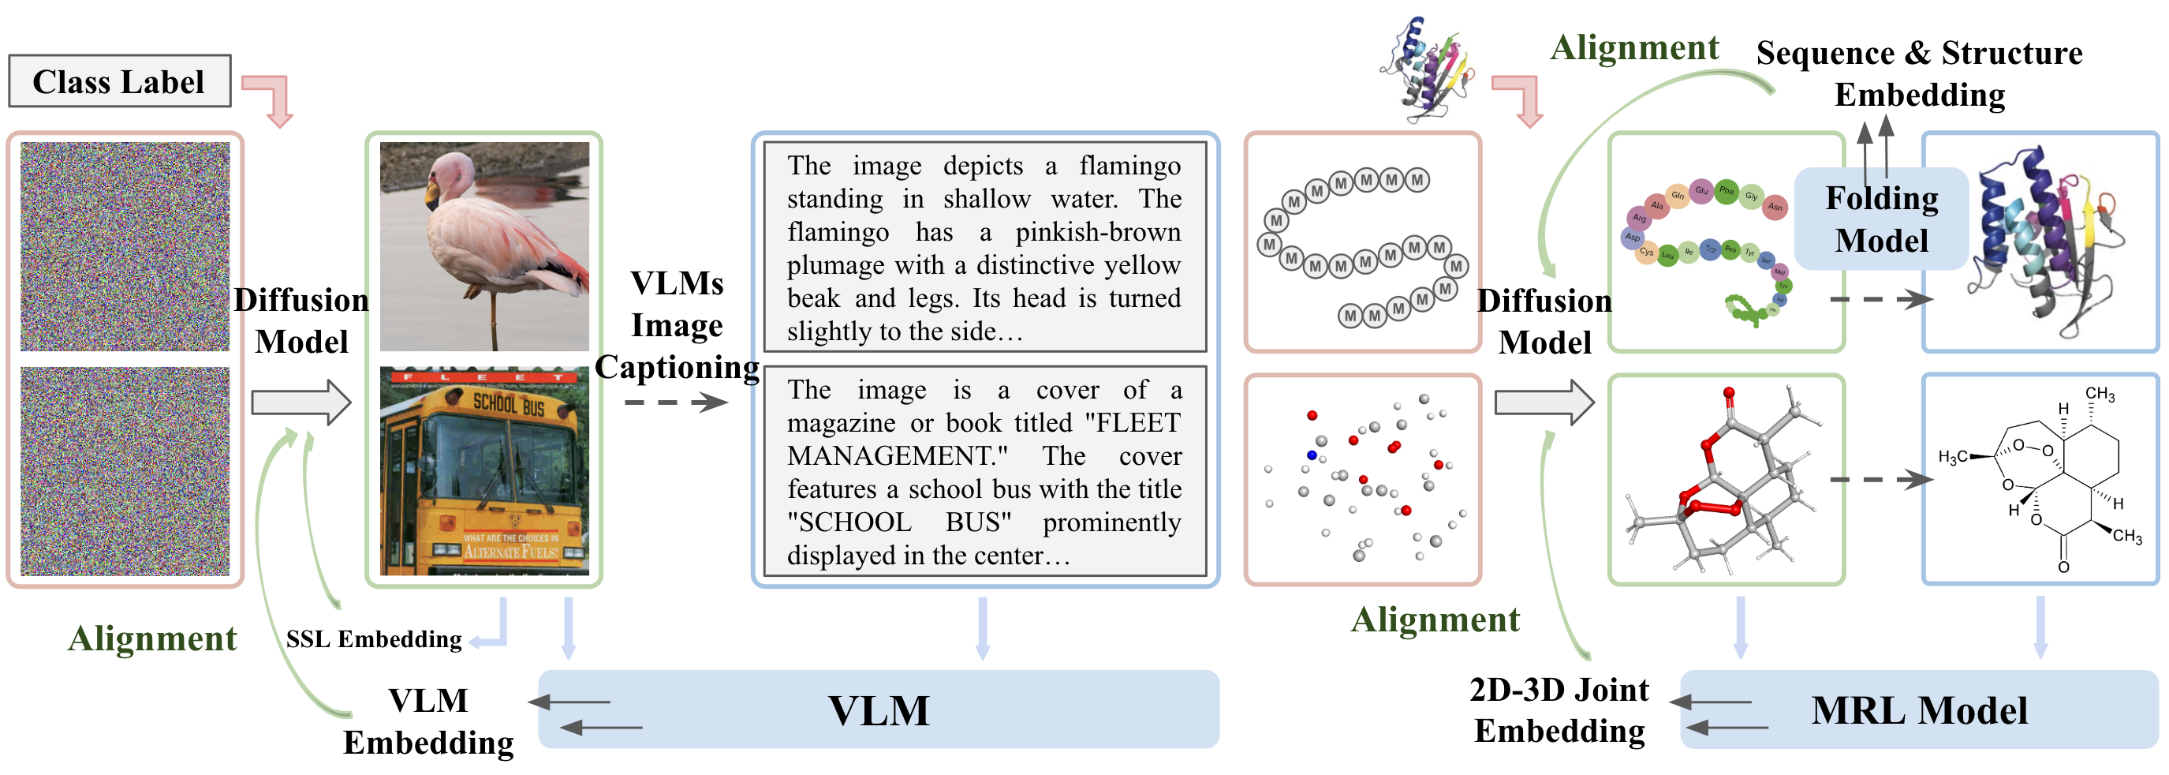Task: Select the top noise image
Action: pos(125,246)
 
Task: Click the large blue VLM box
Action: pos(878,709)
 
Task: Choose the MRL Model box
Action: pos(1919,709)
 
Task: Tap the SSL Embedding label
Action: pos(374,639)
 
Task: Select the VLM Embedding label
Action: pos(427,721)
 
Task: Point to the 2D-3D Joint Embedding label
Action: pos(1559,709)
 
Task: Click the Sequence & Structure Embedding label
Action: pos(1919,74)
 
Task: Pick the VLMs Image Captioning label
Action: pos(677,325)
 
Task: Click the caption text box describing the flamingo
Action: pos(984,247)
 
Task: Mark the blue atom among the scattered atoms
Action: pos(1311,455)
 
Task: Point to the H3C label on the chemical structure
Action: pos(1953,457)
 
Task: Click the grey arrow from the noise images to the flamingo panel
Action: pos(301,402)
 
